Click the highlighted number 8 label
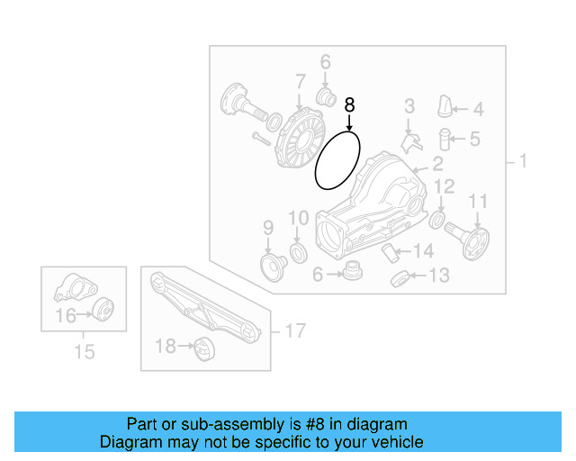[x=350, y=105]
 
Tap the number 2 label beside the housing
[x=437, y=164]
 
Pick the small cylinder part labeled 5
[x=444, y=140]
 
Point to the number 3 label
[x=409, y=106]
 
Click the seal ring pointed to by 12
[x=437, y=220]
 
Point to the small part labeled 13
[x=400, y=277]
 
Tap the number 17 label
[x=294, y=331]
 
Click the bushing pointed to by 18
[x=202, y=347]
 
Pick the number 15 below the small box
[x=84, y=352]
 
